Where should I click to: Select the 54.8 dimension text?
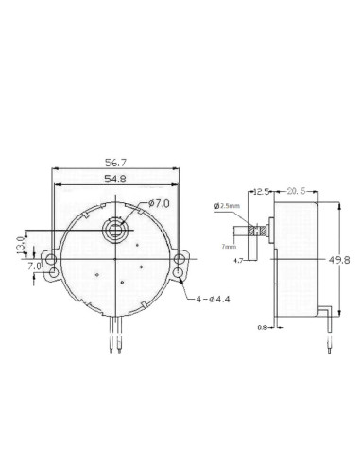coord(117,179)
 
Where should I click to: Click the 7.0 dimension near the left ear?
coord(36,267)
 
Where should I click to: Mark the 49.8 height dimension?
coord(346,259)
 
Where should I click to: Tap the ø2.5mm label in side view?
coord(230,205)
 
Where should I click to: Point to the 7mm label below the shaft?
coord(228,245)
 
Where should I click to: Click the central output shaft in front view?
coord(117,229)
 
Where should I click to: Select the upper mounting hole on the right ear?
coord(180,257)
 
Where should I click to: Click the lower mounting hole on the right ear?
coord(180,273)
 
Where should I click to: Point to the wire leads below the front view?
coord(117,336)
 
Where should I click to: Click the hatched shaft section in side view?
coord(254,229)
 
